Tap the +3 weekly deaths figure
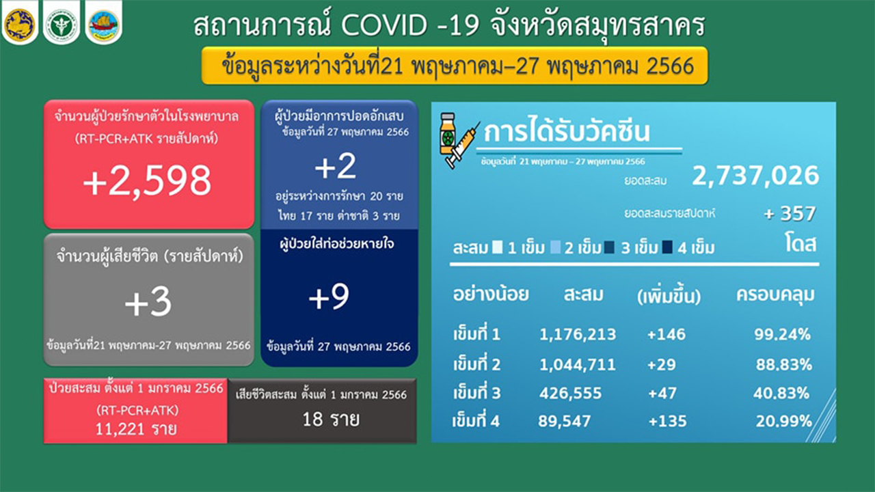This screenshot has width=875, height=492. click(x=148, y=302)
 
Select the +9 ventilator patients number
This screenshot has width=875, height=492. click(x=329, y=297)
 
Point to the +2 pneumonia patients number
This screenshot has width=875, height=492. click(x=336, y=166)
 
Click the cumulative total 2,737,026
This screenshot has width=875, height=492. click(x=755, y=176)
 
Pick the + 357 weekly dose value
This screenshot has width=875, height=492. click(x=790, y=214)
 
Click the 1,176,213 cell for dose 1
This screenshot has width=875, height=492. click(x=578, y=334)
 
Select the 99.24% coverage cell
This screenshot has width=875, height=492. click(x=783, y=334)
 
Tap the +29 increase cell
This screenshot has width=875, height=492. click(x=661, y=364)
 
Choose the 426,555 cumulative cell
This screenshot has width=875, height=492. click(x=570, y=393)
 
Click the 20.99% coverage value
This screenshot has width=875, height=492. click(x=784, y=421)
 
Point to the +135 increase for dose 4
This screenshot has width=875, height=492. click(x=667, y=422)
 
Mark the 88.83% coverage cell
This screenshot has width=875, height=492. click(x=784, y=364)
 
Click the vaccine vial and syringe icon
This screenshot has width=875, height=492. click(x=459, y=140)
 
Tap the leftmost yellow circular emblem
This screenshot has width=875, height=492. click(x=20, y=24)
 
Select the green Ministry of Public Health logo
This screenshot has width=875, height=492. click(x=62, y=24)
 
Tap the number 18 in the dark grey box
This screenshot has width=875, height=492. click(x=312, y=420)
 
